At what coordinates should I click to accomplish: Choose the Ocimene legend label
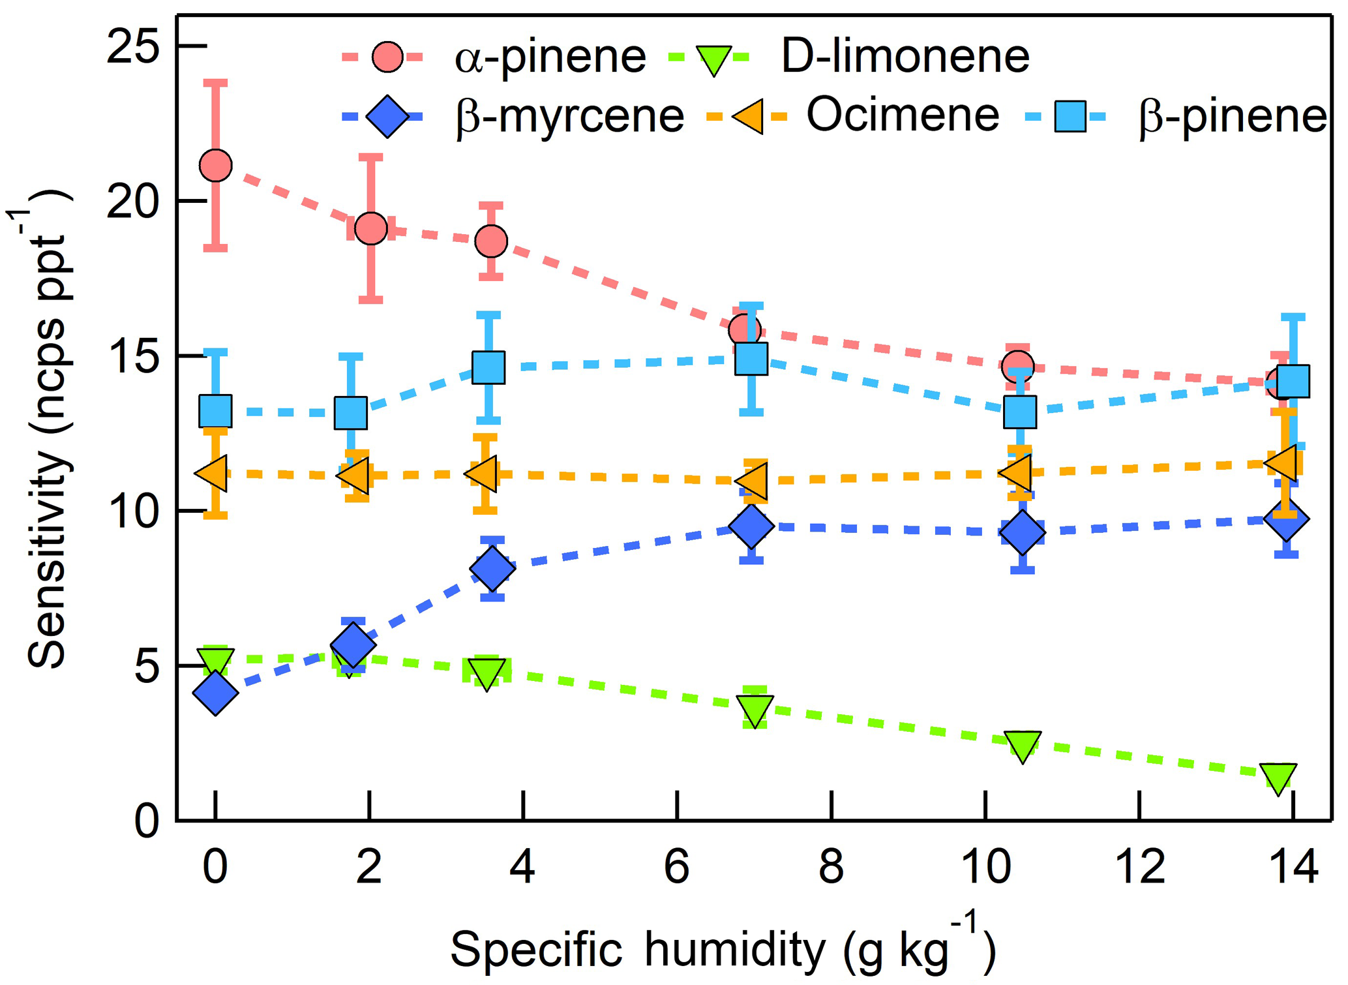(903, 115)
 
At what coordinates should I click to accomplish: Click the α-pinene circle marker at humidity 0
(216, 166)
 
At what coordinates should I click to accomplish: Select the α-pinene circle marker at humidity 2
(371, 228)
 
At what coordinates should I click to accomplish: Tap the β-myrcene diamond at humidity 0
(216, 693)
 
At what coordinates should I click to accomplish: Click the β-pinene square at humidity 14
(1293, 381)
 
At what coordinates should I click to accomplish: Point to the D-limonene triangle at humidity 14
(1278, 776)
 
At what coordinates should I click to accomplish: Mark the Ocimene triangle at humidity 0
(213, 474)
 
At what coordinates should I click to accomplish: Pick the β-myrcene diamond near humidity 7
(752, 526)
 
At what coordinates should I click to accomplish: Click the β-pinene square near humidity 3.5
(488, 367)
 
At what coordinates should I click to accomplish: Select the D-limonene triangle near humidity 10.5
(1022, 744)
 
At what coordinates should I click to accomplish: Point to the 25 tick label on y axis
(133, 47)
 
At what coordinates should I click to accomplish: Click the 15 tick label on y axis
(133, 357)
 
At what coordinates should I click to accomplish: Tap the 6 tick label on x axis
(677, 867)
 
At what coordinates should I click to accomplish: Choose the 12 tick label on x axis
(1139, 867)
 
